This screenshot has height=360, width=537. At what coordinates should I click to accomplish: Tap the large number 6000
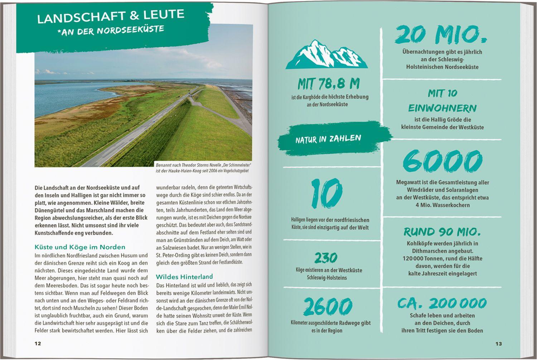[x=442, y=162]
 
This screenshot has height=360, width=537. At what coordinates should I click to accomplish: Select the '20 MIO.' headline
[x=441, y=35]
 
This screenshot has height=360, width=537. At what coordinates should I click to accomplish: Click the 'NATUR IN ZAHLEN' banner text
[x=328, y=139]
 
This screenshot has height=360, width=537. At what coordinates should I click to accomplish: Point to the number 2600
[x=327, y=307]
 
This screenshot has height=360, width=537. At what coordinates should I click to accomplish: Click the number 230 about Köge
[x=326, y=258]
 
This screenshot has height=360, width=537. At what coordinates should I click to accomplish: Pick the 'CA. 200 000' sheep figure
[x=442, y=303]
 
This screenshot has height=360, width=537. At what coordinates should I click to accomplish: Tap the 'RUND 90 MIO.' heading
[x=442, y=232]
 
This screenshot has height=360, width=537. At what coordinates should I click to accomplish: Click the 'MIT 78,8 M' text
[x=328, y=84]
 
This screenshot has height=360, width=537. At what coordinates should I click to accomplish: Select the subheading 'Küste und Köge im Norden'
[x=80, y=247]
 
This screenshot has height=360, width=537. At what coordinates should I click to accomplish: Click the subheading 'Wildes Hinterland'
[x=184, y=277]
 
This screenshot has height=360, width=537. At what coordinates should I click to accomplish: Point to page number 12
[x=38, y=344]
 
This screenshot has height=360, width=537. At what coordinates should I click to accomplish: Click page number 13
[x=498, y=344]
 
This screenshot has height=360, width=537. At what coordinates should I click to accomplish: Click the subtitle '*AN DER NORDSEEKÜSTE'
[x=111, y=30]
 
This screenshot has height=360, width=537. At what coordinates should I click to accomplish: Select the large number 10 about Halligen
[x=326, y=194]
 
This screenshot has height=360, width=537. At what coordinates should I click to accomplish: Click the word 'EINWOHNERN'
[x=442, y=108]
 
